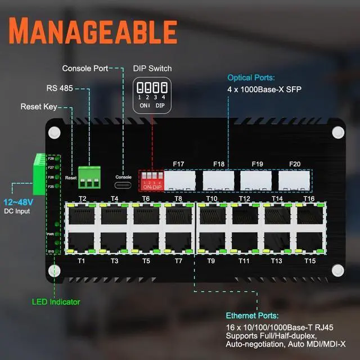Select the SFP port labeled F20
pyautogui.click(x=294, y=181)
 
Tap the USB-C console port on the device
pyautogui.click(x=123, y=184)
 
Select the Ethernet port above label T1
pyautogui.click(x=82, y=242)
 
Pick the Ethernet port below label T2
pyautogui.click(x=82, y=214)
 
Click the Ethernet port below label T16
pyautogui.click(x=309, y=214)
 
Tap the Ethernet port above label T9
pyautogui.click(x=212, y=242)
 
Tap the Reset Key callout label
pyautogui.click(x=39, y=106)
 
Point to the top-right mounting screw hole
pyautogui.click(x=337, y=132)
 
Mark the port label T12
pyautogui.click(x=244, y=199)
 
